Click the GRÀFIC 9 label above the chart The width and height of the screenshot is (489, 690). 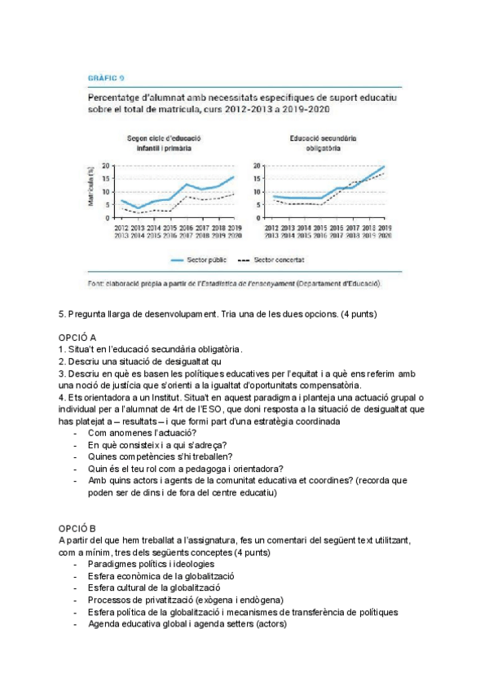pyautogui.click(x=106, y=79)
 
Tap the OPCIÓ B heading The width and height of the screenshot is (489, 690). pyautogui.click(x=77, y=527)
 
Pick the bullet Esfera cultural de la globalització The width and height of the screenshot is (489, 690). pyautogui.click(x=154, y=587)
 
